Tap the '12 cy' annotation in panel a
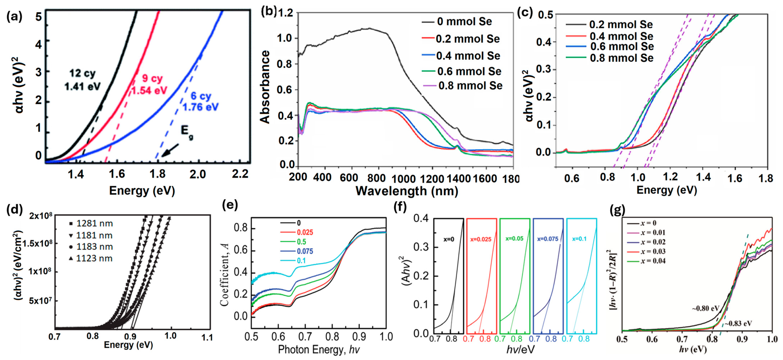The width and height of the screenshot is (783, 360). pos(82,74)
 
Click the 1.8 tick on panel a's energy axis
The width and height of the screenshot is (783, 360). pos(157,174)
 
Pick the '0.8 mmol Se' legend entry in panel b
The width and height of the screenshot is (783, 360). pos(470,86)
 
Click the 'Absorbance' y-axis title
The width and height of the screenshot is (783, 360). pos(265,87)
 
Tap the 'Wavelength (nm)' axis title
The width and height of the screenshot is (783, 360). pos(407,191)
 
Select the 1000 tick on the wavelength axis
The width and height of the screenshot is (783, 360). pos(403,179)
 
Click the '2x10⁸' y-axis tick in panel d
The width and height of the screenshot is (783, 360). pos(41,216)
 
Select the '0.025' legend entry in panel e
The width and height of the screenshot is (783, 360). pos(305,232)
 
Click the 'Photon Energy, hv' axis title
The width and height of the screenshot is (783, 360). pos(319,350)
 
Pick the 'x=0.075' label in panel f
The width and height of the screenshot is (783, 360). pos(548,239)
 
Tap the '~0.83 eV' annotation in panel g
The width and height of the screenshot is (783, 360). pos(738,324)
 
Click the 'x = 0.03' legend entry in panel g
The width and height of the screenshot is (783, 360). pos(653,252)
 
